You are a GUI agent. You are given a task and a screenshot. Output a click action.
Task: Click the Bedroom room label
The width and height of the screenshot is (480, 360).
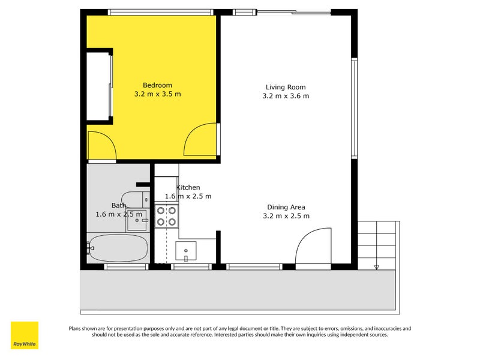click(x=157, y=85)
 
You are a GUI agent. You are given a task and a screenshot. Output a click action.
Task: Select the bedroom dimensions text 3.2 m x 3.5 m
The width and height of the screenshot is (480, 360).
click(x=157, y=94)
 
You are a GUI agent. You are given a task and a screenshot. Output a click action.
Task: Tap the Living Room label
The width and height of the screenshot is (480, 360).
click(x=286, y=86)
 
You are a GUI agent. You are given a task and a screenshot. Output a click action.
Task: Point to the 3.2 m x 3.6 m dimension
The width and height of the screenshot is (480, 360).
click(x=286, y=96)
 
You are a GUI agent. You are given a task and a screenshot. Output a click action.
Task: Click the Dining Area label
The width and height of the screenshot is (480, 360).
click(x=286, y=207)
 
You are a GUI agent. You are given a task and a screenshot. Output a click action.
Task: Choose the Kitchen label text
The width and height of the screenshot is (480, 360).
click(x=188, y=188)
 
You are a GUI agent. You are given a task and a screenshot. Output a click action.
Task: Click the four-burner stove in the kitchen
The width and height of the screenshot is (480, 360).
click(x=166, y=216)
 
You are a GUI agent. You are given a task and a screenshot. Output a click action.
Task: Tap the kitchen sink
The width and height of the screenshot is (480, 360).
click(x=186, y=251)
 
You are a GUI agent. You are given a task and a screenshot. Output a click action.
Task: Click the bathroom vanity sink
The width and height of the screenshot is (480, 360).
click(x=137, y=220)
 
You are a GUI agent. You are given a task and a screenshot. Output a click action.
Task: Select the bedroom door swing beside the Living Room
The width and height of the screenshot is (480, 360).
click(x=200, y=139)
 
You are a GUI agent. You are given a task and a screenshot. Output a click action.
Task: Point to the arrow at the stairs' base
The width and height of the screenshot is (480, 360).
click(x=376, y=267)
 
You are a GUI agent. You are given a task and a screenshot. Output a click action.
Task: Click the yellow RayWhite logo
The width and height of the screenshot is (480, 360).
click(x=25, y=335)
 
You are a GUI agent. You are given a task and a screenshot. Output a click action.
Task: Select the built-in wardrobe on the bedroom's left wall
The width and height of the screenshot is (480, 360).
click(x=99, y=88)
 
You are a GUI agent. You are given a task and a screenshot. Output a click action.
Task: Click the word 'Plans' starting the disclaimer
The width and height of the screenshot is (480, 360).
click(x=76, y=328)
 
